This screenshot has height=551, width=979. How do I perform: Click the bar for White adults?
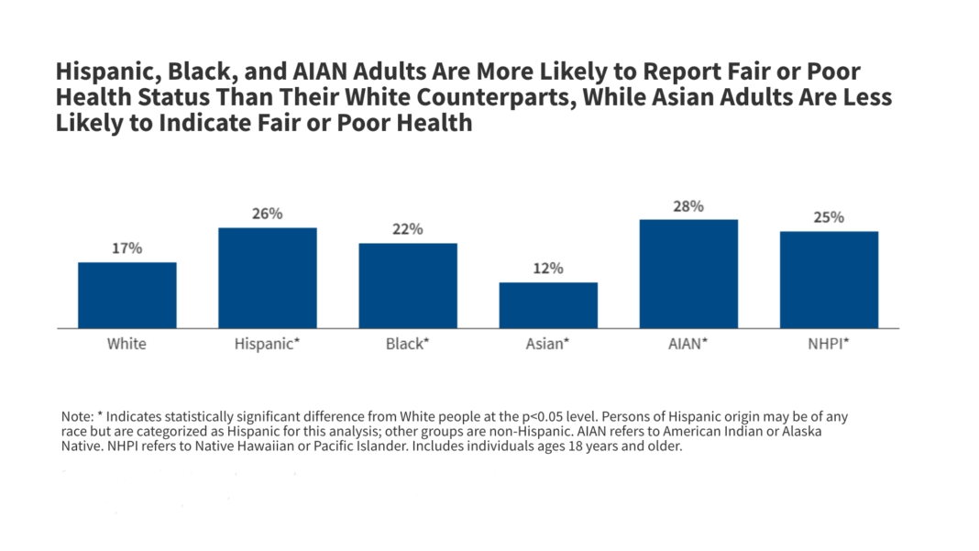pyautogui.click(x=126, y=295)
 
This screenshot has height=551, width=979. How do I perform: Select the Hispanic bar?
pyautogui.click(x=267, y=278)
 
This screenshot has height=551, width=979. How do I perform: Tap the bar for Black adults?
pyautogui.click(x=408, y=285)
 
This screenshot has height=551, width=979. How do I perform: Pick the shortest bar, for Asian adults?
pyautogui.click(x=548, y=305)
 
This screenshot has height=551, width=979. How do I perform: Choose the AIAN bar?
pyautogui.click(x=688, y=274)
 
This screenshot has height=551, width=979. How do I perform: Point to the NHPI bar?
pyautogui.click(x=829, y=280)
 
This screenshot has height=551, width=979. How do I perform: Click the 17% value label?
pyautogui.click(x=126, y=248)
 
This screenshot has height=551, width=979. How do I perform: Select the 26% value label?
pyautogui.click(x=267, y=214)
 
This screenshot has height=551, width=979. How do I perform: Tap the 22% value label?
pyautogui.click(x=408, y=229)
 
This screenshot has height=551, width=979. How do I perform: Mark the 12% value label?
pyautogui.click(x=548, y=269)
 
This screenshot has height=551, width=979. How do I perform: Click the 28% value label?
pyautogui.click(x=688, y=206)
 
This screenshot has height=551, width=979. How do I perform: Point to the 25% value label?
pyautogui.click(x=829, y=217)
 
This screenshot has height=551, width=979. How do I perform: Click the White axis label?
pyautogui.click(x=126, y=345)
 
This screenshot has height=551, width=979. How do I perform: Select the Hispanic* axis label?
pyautogui.click(x=267, y=345)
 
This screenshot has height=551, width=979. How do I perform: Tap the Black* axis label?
pyautogui.click(x=408, y=345)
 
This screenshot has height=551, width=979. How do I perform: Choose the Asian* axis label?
pyautogui.click(x=548, y=345)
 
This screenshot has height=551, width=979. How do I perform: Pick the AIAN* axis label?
pyautogui.click(x=688, y=345)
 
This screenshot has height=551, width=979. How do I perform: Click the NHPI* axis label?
pyautogui.click(x=829, y=345)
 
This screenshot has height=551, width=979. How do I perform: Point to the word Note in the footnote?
pyautogui.click(x=76, y=416)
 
